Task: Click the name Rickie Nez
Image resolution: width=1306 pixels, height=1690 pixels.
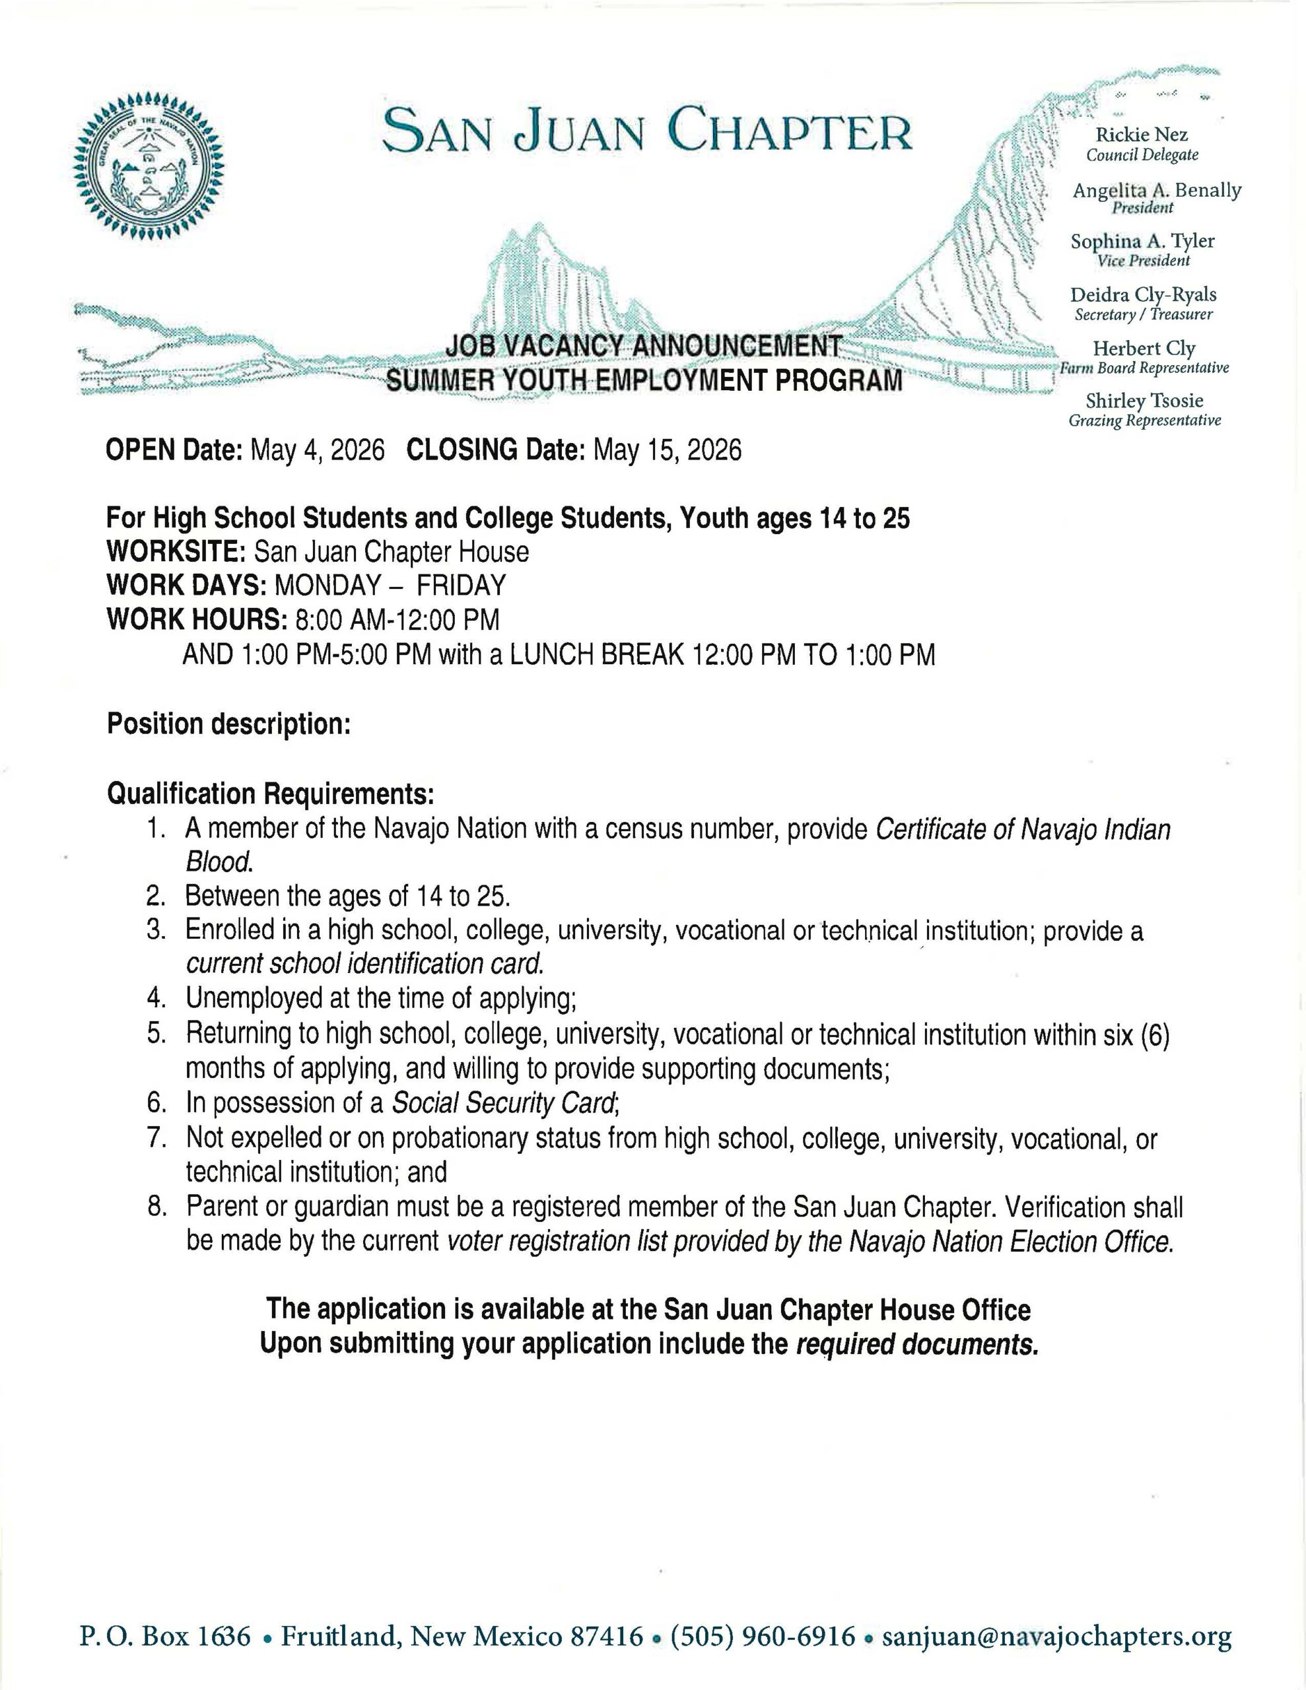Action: pyautogui.click(x=1141, y=135)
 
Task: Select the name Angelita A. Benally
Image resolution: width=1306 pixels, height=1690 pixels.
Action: pyautogui.click(x=1157, y=190)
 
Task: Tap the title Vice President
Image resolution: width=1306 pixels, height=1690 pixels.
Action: pyautogui.click(x=1144, y=261)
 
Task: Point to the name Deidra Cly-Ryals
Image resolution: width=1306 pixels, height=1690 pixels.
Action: pyautogui.click(x=1143, y=295)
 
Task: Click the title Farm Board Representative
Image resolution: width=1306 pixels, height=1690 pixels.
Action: pyautogui.click(x=1144, y=368)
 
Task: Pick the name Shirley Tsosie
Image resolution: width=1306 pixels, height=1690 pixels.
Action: pyautogui.click(x=1144, y=401)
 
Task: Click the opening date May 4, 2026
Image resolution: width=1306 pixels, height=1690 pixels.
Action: pyautogui.click(x=318, y=450)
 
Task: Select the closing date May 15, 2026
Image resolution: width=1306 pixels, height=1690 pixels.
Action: pyautogui.click(x=667, y=450)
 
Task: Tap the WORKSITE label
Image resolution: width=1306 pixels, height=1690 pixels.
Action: pyautogui.click(x=176, y=552)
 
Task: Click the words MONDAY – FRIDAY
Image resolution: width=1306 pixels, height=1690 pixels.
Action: pyautogui.click(x=390, y=585)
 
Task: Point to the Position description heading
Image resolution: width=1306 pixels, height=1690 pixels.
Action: pyautogui.click(x=229, y=724)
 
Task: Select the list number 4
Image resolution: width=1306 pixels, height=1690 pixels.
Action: pyautogui.click(x=157, y=998)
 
